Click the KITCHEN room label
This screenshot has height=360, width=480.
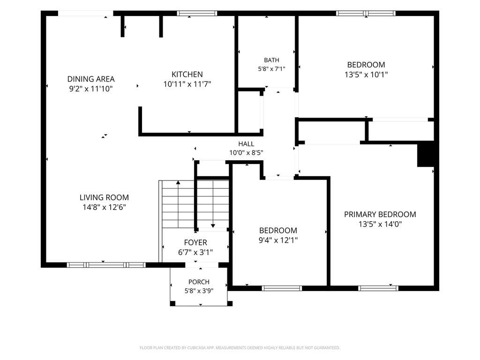click(187, 75)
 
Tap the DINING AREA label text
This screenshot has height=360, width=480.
click(91, 79)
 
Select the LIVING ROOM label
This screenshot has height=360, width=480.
click(104, 197)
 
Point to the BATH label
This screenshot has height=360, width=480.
click(271, 60)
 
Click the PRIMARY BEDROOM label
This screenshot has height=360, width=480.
click(380, 214)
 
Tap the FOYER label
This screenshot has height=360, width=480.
click(195, 242)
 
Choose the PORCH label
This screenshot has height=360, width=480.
click(199, 282)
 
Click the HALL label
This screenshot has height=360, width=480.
click(246, 143)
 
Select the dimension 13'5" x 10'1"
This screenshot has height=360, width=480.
click(366, 75)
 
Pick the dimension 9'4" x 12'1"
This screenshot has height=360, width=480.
click(278, 240)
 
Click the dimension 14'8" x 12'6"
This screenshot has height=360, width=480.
click(104, 207)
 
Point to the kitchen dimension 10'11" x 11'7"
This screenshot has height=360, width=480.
click(187, 84)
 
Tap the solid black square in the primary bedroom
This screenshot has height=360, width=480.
click(426, 155)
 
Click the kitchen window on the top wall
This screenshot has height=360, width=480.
click(197, 13)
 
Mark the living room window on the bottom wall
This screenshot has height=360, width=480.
click(106, 265)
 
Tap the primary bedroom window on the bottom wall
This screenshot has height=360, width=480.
click(378, 288)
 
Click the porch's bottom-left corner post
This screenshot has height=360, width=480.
click(172, 304)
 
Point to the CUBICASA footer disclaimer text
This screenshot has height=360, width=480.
click(240, 348)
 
